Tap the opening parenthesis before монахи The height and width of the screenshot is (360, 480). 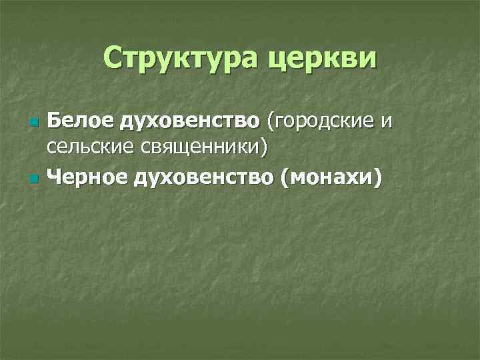[286, 177]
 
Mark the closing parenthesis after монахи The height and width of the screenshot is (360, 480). [379, 177]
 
